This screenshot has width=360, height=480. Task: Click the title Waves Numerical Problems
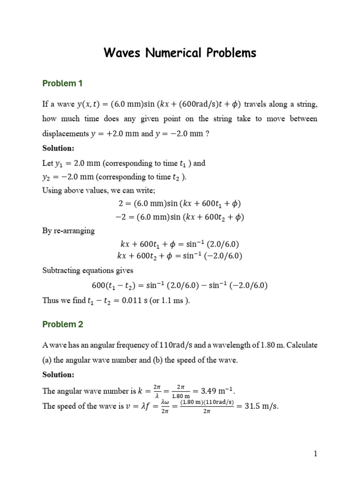pos(180,53)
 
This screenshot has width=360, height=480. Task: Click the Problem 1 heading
pos(62,84)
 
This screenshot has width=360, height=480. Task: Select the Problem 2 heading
pos(62,324)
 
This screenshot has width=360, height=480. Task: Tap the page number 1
pos(316,453)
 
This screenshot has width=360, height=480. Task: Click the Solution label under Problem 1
pos(58,148)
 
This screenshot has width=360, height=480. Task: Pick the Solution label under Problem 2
pos(58,375)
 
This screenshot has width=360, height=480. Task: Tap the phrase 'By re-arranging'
pos(68,231)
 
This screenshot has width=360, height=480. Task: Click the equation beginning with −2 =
pos(180,217)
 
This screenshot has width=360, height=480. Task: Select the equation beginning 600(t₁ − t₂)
pos(180,286)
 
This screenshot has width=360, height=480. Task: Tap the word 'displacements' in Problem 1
pos(64,134)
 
